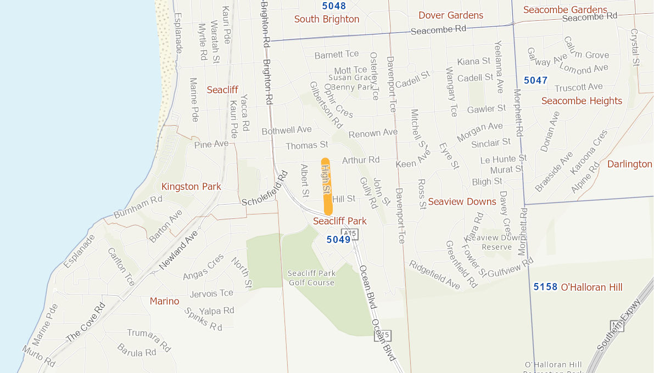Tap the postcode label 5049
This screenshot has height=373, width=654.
(338, 239)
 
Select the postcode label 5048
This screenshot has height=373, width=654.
(334, 6)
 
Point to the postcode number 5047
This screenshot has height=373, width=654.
(535, 80)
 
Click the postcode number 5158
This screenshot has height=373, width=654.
(545, 287)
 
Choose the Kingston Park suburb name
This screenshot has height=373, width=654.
(191, 187)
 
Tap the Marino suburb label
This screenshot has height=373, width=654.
(164, 301)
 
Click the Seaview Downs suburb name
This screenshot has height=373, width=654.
(462, 201)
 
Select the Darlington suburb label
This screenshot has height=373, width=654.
(629, 164)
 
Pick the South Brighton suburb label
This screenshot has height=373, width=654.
(327, 19)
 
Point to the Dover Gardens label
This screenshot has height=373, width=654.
(451, 15)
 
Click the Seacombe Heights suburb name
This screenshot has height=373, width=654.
(582, 101)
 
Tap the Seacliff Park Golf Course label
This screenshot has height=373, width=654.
(311, 278)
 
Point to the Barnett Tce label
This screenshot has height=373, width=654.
(337, 54)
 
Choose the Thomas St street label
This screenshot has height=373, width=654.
(306, 145)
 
